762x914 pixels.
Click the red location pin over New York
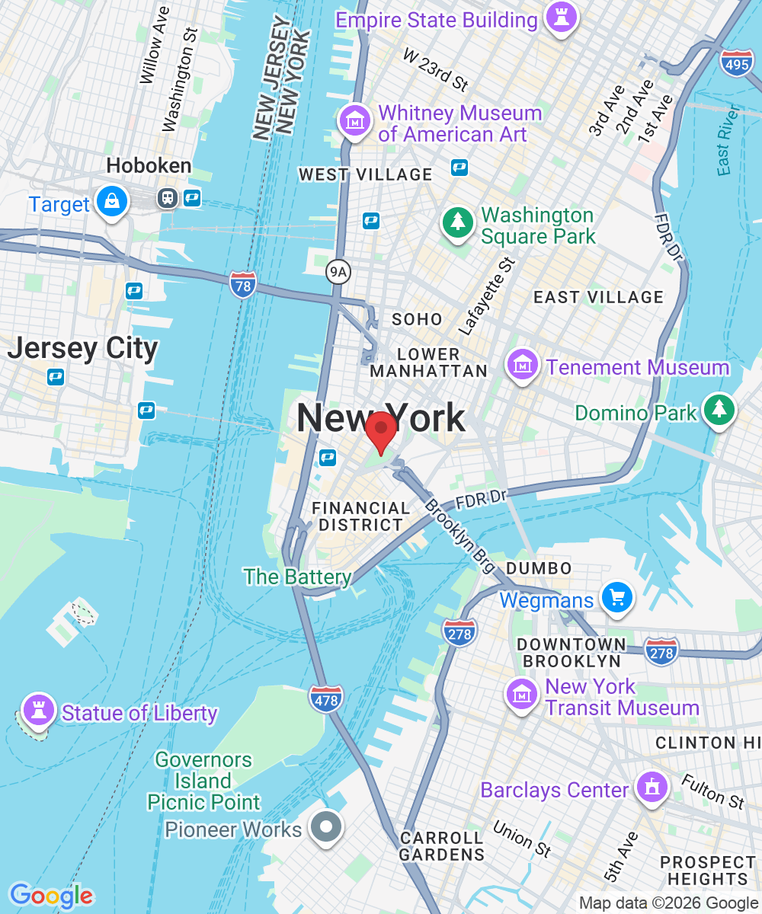pyautogui.click(x=380, y=430)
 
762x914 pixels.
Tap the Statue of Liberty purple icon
pyautogui.click(x=37, y=711)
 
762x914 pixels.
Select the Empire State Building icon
pyautogui.click(x=562, y=19)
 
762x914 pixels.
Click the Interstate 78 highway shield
pyautogui.click(x=242, y=283)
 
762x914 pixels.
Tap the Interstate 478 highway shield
pyautogui.click(x=326, y=698)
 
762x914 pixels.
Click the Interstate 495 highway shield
pyautogui.click(x=737, y=65)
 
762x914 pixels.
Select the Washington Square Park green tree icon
pyautogui.click(x=457, y=222)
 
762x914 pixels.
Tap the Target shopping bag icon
pyautogui.click(x=113, y=202)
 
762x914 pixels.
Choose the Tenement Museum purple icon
pyautogui.click(x=523, y=366)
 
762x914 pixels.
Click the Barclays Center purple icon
pyautogui.click(x=651, y=788)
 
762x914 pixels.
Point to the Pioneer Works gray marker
pyautogui.click(x=327, y=826)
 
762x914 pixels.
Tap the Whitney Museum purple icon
pyautogui.click(x=355, y=121)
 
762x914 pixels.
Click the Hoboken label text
pyautogui.click(x=149, y=165)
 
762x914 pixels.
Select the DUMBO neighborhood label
pyautogui.click(x=539, y=568)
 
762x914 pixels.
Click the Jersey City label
pyautogui.click(x=82, y=348)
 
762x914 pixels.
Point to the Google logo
pyautogui.click(x=50, y=896)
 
